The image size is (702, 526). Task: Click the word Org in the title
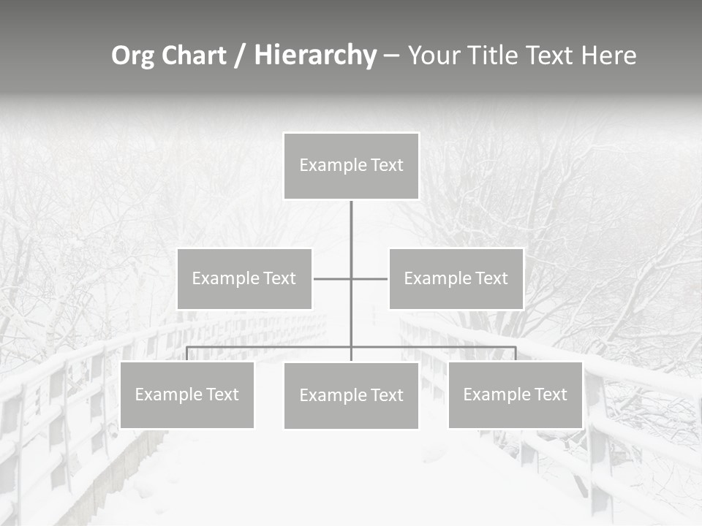tap(132, 56)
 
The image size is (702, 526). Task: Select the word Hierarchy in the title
tap(315, 56)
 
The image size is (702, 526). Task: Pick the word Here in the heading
tap(608, 56)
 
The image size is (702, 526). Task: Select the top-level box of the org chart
tap(351, 166)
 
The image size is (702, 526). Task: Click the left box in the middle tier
tap(244, 278)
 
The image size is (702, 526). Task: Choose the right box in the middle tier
tap(456, 278)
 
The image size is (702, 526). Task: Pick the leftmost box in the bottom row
tap(186, 394)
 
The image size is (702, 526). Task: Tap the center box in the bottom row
tap(351, 395)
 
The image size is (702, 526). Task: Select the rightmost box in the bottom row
tap(516, 394)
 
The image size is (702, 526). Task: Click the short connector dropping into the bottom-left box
tap(186, 354)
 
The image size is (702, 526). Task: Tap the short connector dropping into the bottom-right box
tap(516, 354)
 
